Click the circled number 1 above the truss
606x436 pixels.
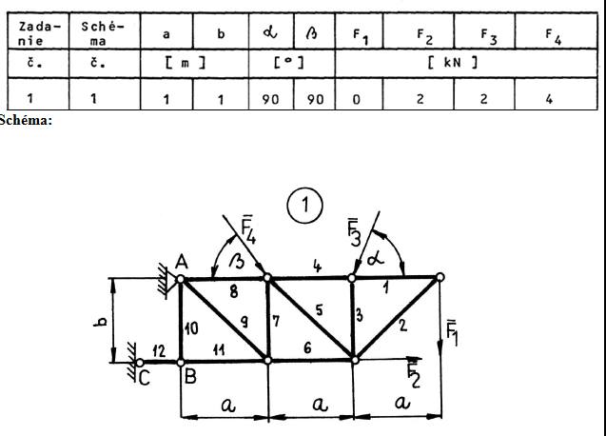(x=304, y=204)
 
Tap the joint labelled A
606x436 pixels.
(x=181, y=278)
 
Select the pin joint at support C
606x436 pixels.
(x=139, y=362)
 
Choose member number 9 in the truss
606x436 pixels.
(x=244, y=322)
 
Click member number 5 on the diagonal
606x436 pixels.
(x=319, y=309)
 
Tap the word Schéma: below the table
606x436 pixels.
(x=26, y=119)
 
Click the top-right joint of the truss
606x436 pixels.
(x=440, y=278)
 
